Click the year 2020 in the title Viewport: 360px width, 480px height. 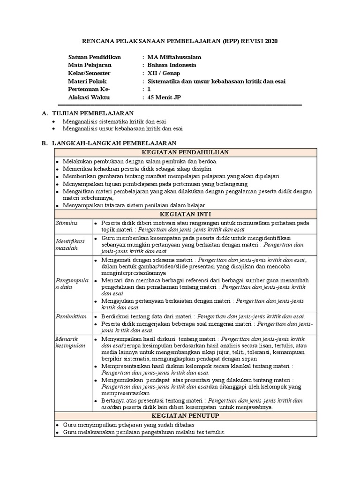point(270,41)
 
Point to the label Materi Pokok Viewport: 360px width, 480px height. point(87,81)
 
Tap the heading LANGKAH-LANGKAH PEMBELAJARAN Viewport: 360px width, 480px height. point(114,143)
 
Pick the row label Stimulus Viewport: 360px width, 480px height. point(67,222)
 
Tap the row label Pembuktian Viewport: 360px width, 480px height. point(71,317)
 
